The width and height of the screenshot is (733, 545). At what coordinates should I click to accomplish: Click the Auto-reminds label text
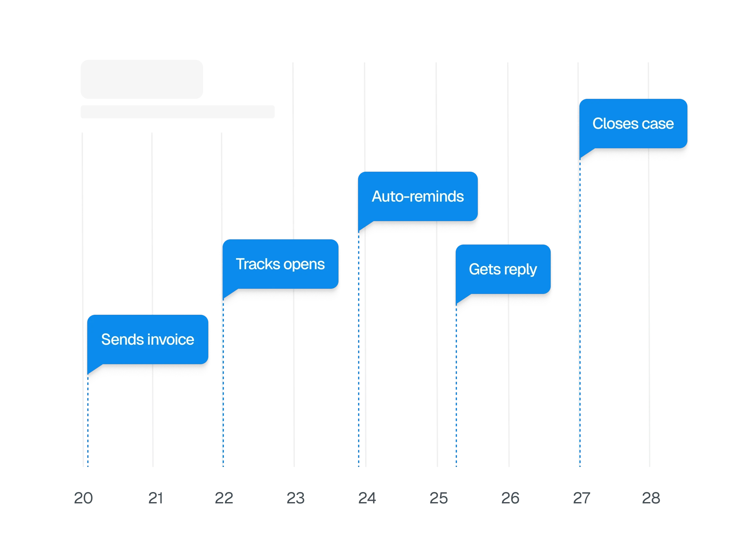coord(418,196)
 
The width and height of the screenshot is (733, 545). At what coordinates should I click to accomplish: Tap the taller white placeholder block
coord(142,79)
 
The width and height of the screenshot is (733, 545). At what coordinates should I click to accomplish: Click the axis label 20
coord(83,498)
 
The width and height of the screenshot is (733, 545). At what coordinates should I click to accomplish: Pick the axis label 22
coord(224,498)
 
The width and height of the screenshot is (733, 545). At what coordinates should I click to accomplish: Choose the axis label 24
coord(366,498)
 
